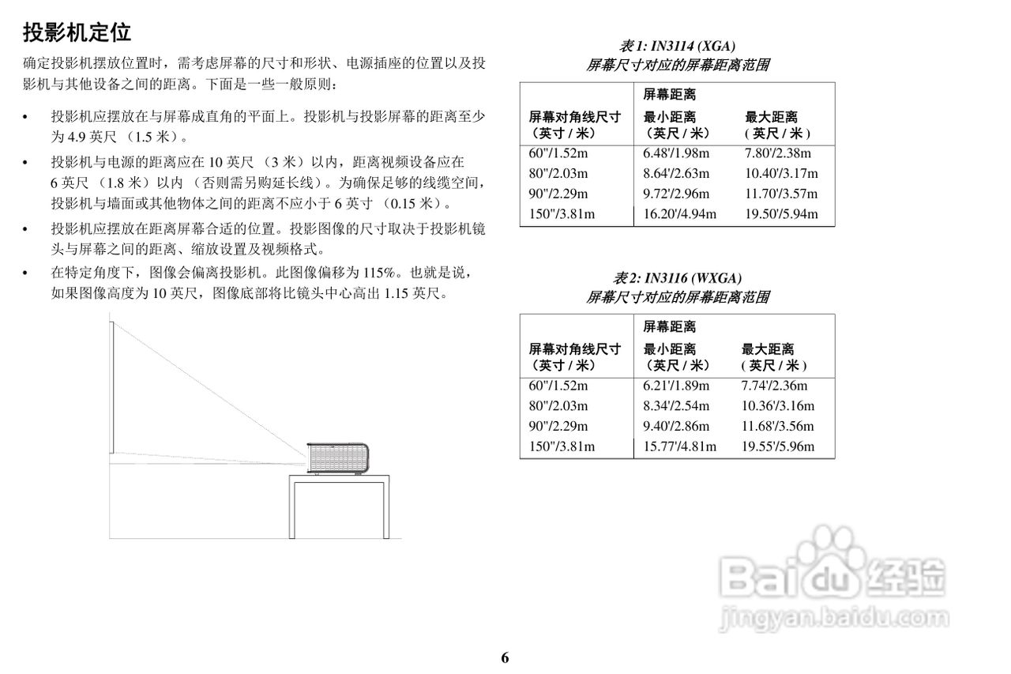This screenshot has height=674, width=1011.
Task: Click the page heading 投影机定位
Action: (77, 32)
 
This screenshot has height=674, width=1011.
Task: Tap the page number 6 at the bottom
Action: (505, 657)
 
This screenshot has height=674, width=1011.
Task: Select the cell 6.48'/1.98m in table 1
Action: (675, 153)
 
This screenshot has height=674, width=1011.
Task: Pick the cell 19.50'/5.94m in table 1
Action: (781, 214)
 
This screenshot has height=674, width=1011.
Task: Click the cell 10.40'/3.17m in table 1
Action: (781, 173)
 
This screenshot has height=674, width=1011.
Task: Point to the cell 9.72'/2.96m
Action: (675, 194)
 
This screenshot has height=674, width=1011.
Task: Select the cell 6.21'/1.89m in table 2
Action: (675, 386)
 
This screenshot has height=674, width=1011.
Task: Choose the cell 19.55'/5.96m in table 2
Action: (778, 446)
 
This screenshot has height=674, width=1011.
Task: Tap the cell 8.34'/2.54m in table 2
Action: (675, 406)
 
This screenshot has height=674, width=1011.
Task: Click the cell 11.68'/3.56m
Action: (778, 426)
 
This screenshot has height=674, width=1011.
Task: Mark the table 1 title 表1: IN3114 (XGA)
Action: (677, 46)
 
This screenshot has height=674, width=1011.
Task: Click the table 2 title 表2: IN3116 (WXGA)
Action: (677, 278)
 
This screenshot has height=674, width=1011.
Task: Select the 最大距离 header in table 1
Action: (771, 118)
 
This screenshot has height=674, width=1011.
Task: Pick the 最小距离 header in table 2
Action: (669, 349)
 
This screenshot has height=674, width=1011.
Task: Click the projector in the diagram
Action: (337, 458)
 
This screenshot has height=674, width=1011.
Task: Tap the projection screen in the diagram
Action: (111, 387)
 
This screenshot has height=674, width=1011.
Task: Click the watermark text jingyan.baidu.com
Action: (833, 618)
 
